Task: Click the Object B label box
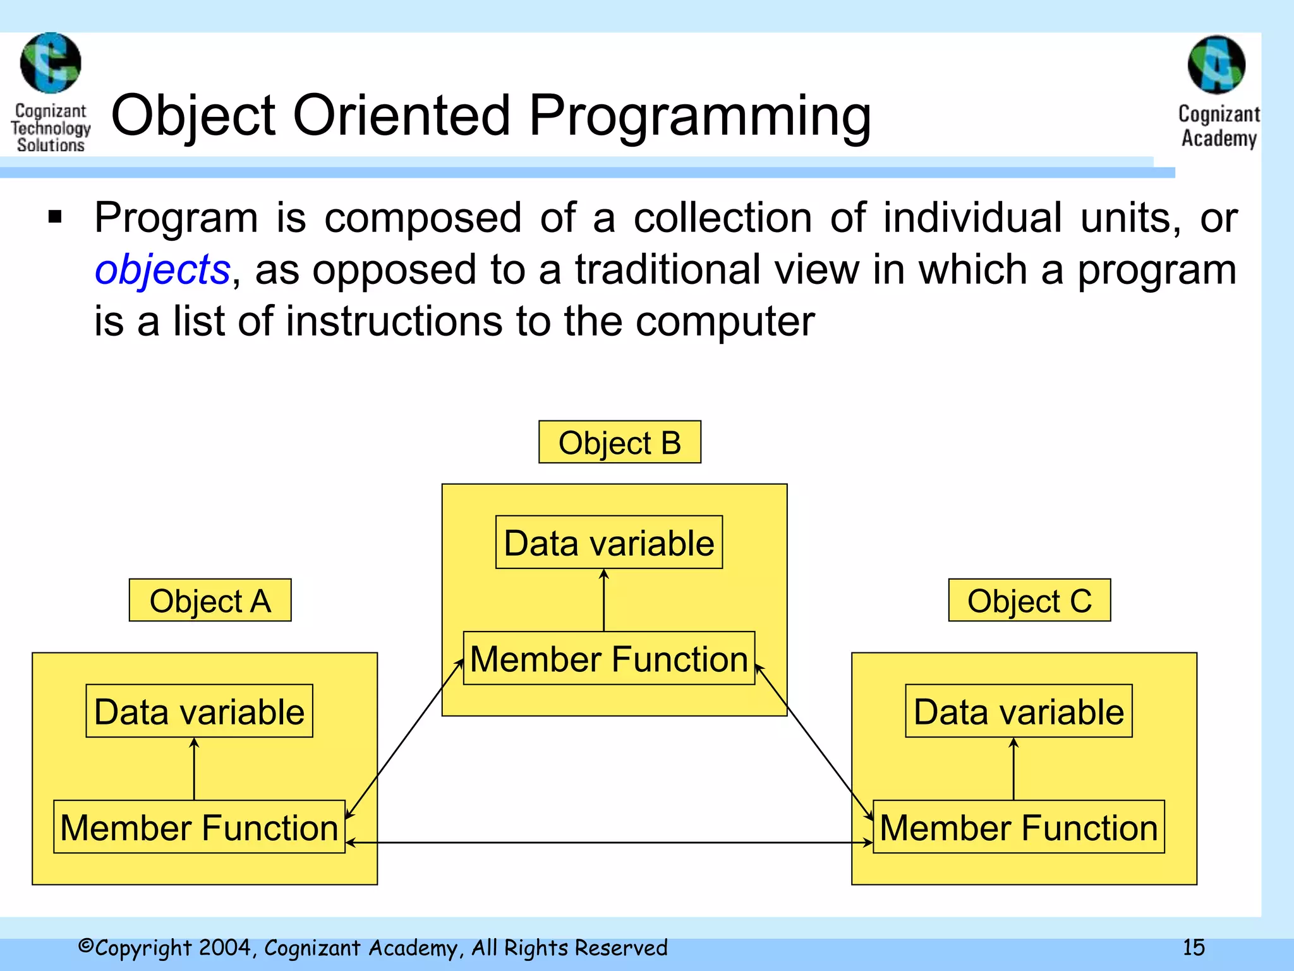[x=619, y=442]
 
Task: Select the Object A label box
[x=210, y=600]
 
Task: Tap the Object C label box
[x=1029, y=600]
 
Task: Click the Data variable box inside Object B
[x=608, y=542]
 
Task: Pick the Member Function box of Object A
[x=199, y=827]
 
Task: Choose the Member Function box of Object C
[x=1018, y=827]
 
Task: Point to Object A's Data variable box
[x=199, y=711]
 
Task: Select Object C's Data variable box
[x=1018, y=711]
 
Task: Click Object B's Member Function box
[x=608, y=659]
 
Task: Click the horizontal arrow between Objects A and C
[x=610, y=843]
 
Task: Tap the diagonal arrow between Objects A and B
[x=404, y=738]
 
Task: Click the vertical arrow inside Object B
[x=603, y=601]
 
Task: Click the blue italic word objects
[x=162, y=270]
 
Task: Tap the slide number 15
[x=1193, y=947]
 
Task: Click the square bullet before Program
[x=56, y=217]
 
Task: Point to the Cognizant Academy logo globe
[x=1216, y=64]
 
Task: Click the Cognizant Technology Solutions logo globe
[x=51, y=63]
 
